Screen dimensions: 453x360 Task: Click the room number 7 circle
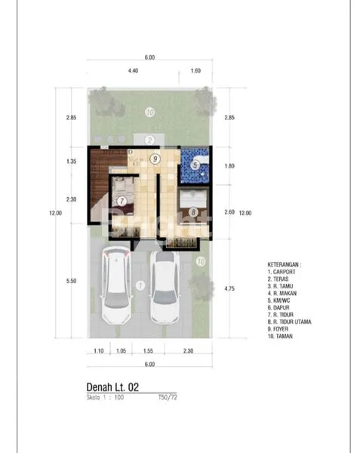pos(122,202)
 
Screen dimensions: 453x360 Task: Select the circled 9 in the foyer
pos(154,159)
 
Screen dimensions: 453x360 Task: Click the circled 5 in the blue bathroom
pos(195,165)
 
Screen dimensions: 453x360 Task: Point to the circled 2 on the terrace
pos(149,140)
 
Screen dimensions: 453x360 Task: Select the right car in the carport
pos(165,288)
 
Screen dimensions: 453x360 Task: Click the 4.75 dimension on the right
pos(229,288)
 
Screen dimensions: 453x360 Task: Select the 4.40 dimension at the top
pos(133,70)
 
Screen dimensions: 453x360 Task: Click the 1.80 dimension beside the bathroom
pos(229,165)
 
